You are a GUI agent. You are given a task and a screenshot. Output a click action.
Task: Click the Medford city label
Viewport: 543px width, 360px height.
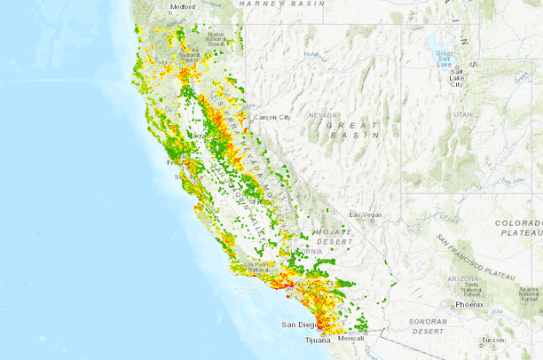point(183,6)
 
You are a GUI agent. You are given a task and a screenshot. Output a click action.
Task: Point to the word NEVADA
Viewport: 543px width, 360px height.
point(322,115)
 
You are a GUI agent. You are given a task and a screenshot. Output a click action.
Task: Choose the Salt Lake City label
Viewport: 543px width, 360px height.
point(456,79)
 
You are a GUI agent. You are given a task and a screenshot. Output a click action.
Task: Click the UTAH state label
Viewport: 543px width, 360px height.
point(462,115)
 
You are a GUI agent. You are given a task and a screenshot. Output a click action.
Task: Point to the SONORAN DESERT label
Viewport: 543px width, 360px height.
point(423,325)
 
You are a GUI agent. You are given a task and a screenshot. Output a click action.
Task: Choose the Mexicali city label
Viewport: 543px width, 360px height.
point(351,338)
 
